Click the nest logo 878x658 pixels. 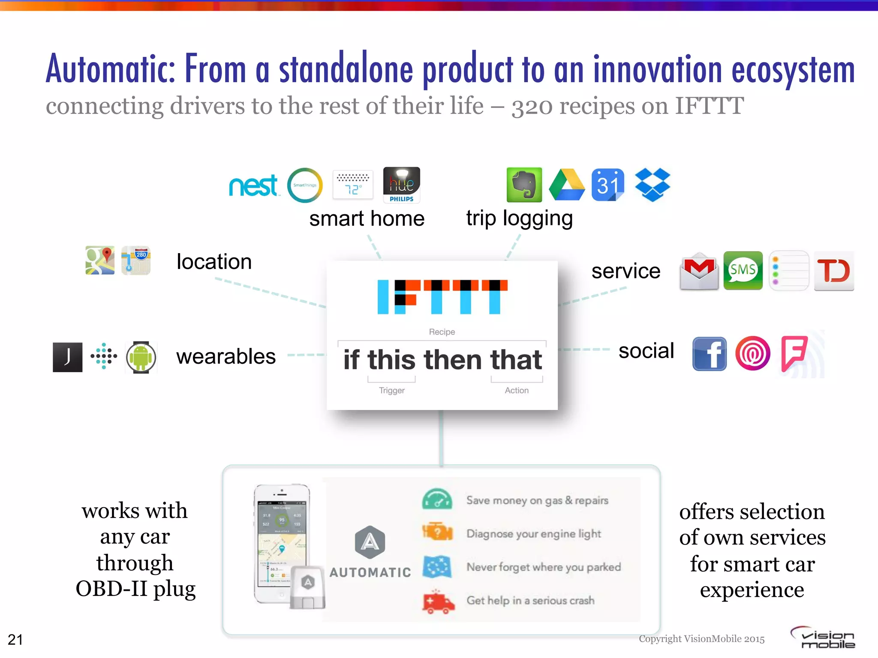click(254, 185)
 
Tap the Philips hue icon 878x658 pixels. click(401, 185)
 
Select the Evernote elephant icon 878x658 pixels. click(524, 185)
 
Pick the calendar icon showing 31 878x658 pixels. click(607, 185)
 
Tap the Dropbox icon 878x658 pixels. click(652, 185)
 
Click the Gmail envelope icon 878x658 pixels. click(699, 271)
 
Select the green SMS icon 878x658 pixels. click(743, 270)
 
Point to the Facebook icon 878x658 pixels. click(710, 354)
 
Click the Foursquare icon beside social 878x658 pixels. click(794, 353)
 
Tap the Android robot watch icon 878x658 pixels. click(141, 357)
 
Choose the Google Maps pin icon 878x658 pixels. click(100, 260)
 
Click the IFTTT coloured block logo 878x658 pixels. click(442, 297)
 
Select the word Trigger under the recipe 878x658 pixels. click(391, 390)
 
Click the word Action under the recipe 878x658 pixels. click(517, 390)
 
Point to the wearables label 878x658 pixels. click(226, 356)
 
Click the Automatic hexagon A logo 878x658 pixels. click(370, 542)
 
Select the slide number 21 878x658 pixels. click(15, 640)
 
